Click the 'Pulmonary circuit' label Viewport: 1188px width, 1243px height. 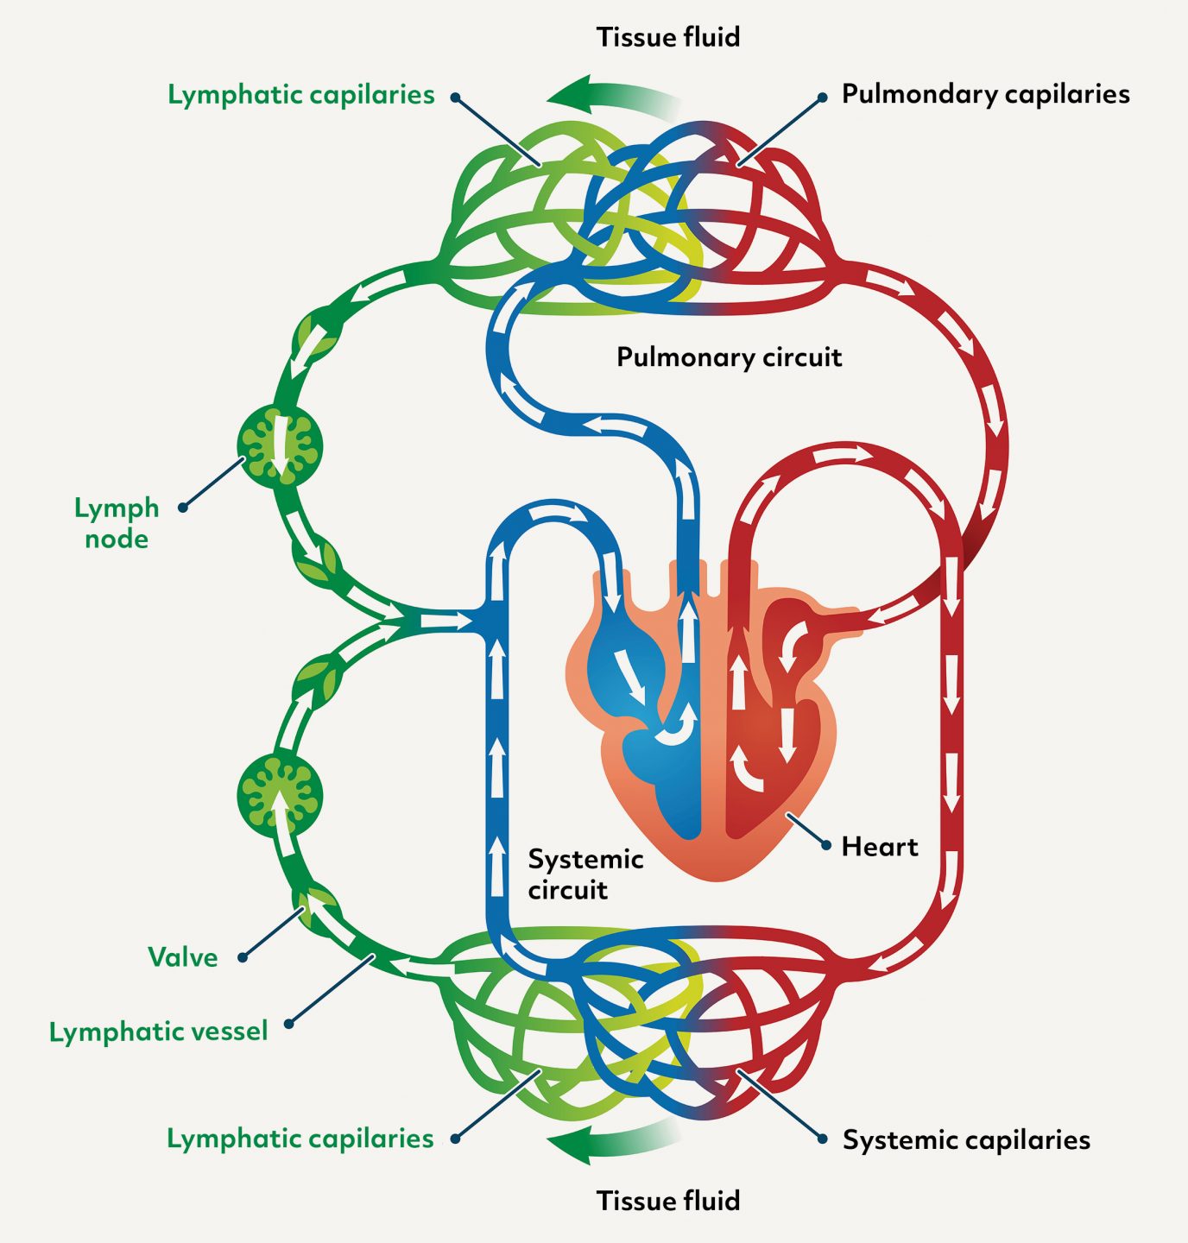tap(729, 357)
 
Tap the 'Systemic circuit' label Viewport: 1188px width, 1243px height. tap(585, 874)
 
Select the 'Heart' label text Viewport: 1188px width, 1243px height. tap(879, 847)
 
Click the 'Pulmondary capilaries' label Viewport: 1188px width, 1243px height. tap(985, 94)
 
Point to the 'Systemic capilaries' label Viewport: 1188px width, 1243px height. tap(966, 1139)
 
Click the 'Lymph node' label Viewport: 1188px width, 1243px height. tap(117, 523)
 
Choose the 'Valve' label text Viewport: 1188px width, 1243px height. tap(182, 957)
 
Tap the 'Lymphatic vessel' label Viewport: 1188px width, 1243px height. tap(158, 1032)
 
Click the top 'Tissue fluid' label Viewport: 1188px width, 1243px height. tap(667, 37)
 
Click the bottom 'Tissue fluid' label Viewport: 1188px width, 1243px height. tap(667, 1201)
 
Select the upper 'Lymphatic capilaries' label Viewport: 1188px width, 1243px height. tap(300, 94)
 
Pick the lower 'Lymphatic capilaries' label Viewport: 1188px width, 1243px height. tap(300, 1139)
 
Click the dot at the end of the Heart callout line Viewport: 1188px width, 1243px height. tap(825, 846)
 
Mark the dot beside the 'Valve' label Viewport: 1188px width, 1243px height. tap(243, 957)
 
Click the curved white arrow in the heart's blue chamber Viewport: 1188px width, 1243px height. tap(678, 727)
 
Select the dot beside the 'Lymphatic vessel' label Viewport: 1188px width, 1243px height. tap(289, 1024)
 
